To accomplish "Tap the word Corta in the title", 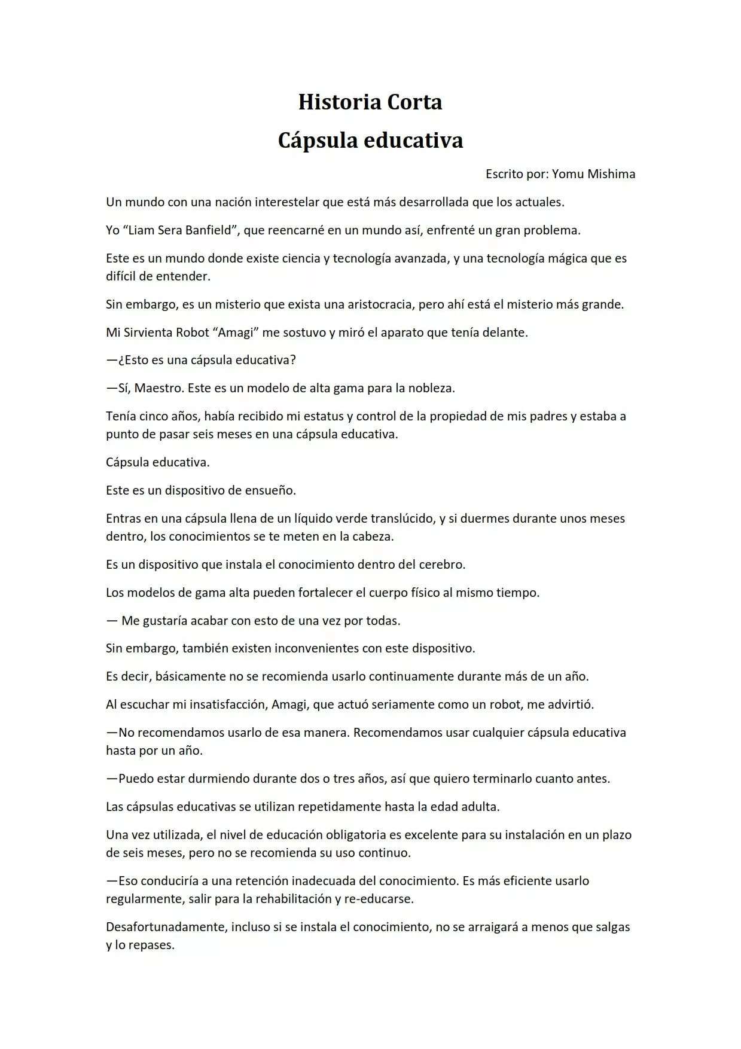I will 414,102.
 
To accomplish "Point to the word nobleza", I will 431,388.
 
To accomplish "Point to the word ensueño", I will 270,490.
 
